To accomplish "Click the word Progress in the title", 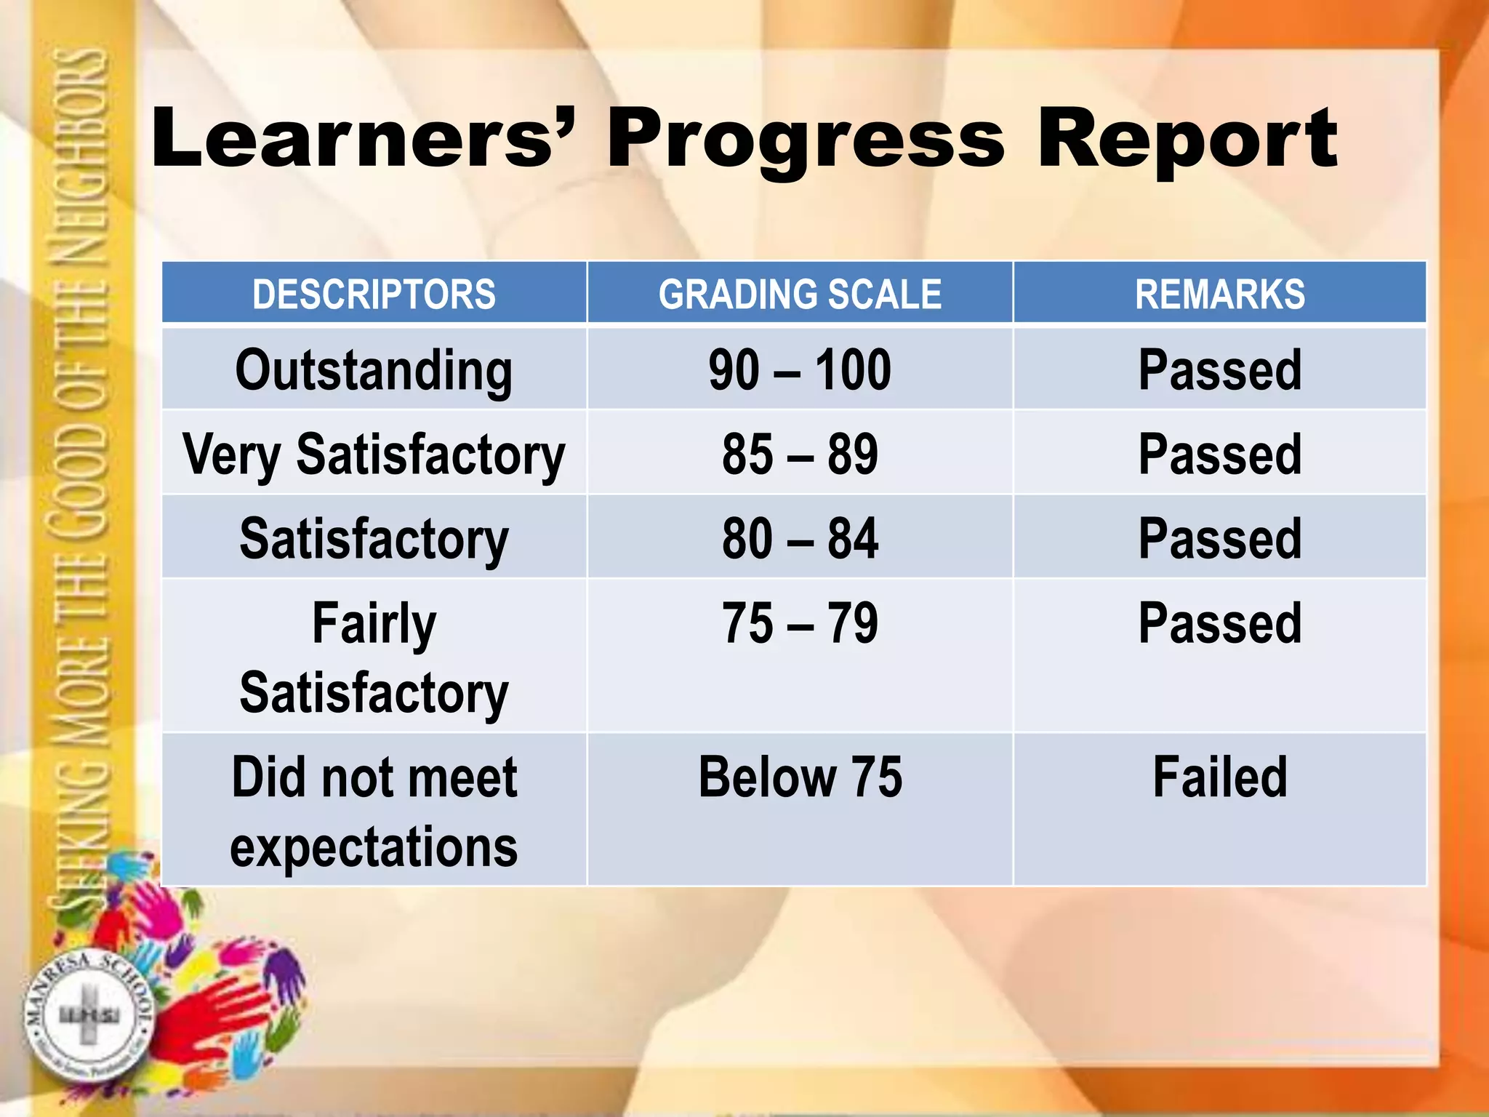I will (x=806, y=138).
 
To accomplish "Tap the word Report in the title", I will (x=1187, y=138).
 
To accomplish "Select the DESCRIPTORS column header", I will (x=374, y=294).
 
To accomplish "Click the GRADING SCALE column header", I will (x=800, y=294).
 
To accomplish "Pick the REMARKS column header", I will (x=1219, y=294).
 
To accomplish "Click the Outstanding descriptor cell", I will (x=374, y=370).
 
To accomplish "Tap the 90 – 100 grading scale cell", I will (x=800, y=370).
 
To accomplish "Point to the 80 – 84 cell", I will (x=800, y=539).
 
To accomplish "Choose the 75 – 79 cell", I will (x=800, y=623).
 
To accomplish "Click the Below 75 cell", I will (x=800, y=777).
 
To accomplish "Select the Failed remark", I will (x=1219, y=777).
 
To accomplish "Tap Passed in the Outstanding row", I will (x=1219, y=370).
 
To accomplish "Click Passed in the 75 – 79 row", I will (x=1219, y=623).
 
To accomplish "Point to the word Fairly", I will (x=374, y=623).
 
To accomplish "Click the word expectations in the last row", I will (x=374, y=847).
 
